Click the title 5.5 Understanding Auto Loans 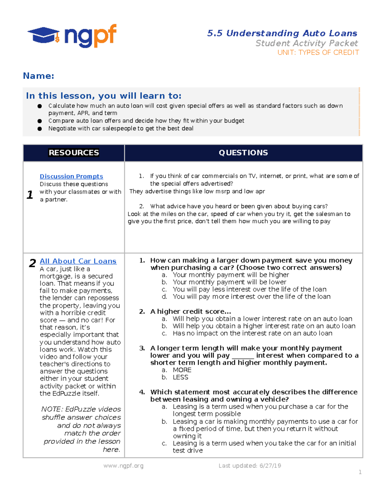tap(282, 33)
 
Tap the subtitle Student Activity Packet tap(306, 43)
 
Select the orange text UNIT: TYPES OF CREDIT tap(318, 53)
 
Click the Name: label tap(38, 76)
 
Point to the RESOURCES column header tap(74, 153)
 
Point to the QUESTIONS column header tap(243, 153)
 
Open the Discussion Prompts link tap(71, 176)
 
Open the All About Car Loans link tap(78, 261)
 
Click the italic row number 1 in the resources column tap(30, 195)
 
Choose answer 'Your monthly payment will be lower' tap(229, 282)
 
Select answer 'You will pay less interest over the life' tap(249, 289)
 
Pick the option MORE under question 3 tap(182, 370)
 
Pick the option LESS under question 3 tap(180, 377)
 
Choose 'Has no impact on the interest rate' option tap(252, 333)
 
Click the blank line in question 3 tap(243, 356)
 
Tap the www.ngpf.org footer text tap(123, 466)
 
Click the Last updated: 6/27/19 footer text tap(250, 466)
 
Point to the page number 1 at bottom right tap(360, 472)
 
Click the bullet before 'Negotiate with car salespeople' tap(40, 129)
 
